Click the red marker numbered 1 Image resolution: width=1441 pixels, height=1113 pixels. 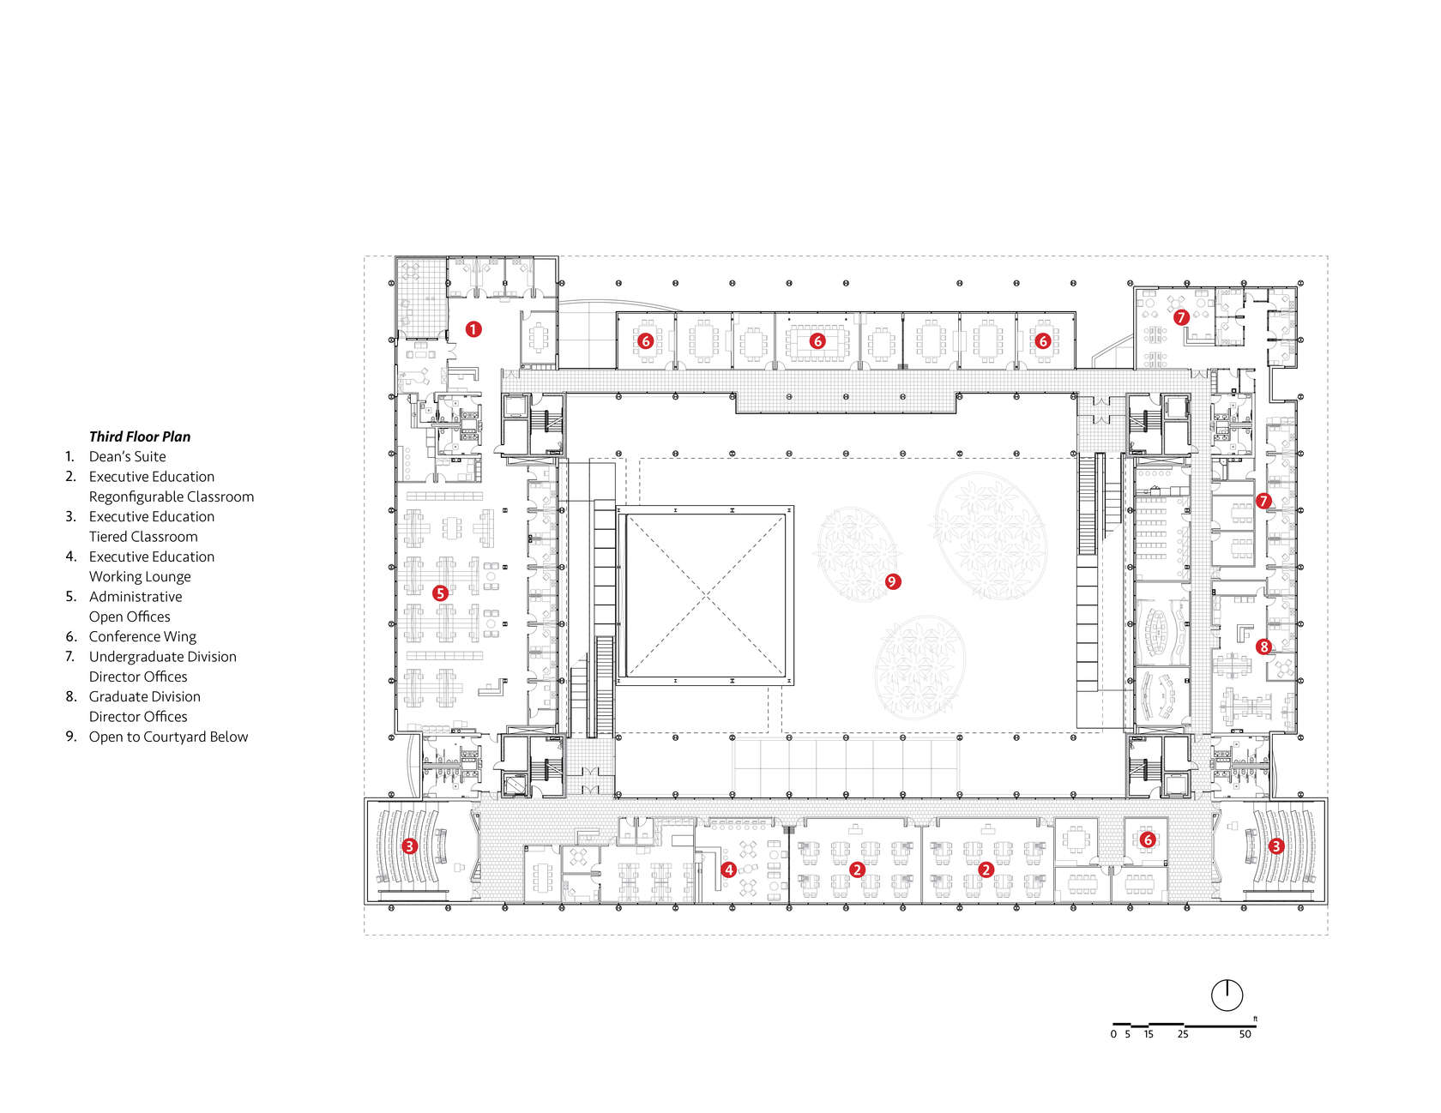pyautogui.click(x=473, y=328)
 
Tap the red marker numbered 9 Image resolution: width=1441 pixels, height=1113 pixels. pyautogui.click(x=892, y=581)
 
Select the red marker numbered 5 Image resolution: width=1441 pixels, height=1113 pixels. pyautogui.click(x=440, y=593)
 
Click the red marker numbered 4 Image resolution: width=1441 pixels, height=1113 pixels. pyautogui.click(x=728, y=869)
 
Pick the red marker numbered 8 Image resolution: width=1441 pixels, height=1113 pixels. pyautogui.click(x=1263, y=647)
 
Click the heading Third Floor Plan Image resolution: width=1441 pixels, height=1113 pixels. pyautogui.click(x=140, y=436)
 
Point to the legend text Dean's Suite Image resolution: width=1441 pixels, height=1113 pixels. pyautogui.click(x=128, y=456)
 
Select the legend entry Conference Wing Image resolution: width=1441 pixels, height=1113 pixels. pyautogui.click(x=142, y=636)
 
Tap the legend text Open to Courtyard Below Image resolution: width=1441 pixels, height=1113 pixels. pyautogui.click(x=168, y=737)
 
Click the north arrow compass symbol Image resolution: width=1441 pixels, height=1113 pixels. pyautogui.click(x=1227, y=995)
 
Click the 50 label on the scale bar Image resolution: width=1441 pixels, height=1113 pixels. pyautogui.click(x=1245, y=1034)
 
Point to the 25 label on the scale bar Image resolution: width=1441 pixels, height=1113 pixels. pyautogui.click(x=1183, y=1034)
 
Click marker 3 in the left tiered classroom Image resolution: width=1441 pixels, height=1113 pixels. pyautogui.click(x=410, y=846)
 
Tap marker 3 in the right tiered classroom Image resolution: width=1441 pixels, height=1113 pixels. pyautogui.click(x=1275, y=846)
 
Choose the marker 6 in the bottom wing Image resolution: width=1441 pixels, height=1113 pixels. pyautogui.click(x=1148, y=839)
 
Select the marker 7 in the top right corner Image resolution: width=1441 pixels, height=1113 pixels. pyautogui.click(x=1181, y=317)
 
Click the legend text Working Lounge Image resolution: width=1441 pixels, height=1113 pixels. pyautogui.click(x=140, y=576)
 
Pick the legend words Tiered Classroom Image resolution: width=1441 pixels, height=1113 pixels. pyautogui.click(x=143, y=537)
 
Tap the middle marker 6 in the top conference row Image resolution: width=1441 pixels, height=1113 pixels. pyautogui.click(x=817, y=341)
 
